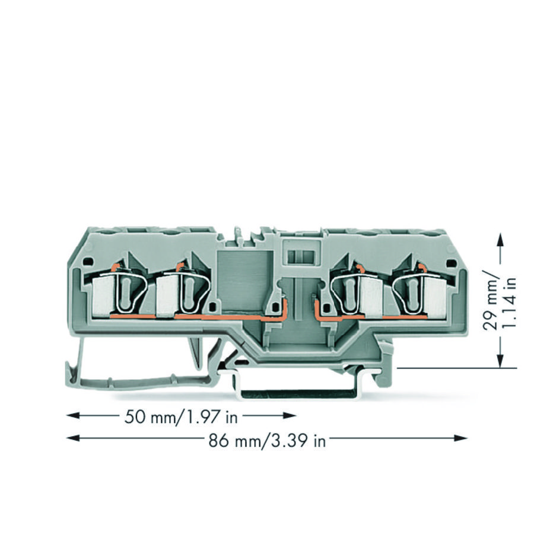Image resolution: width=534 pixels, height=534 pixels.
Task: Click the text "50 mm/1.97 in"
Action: tap(181, 417)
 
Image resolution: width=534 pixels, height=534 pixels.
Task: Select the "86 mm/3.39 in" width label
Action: tap(266, 441)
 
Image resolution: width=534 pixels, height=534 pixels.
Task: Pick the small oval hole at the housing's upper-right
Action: tap(451, 261)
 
